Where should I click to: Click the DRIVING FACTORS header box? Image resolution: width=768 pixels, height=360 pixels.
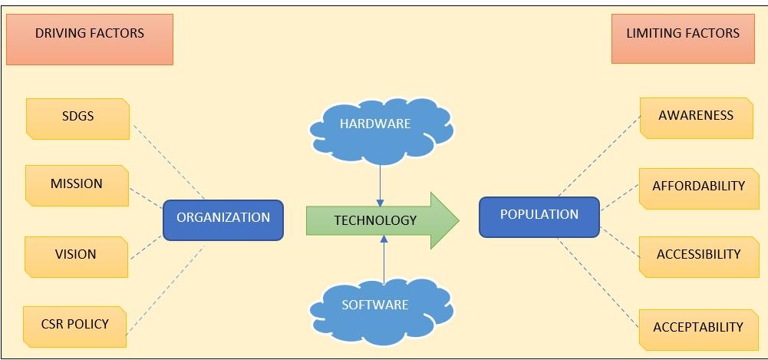point(90,38)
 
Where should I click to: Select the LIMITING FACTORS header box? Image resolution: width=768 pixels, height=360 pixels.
point(683,38)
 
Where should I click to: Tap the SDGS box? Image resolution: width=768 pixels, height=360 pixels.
point(77,118)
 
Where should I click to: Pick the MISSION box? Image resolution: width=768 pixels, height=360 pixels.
point(76,185)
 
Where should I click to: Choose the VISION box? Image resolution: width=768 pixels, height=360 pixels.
point(75,256)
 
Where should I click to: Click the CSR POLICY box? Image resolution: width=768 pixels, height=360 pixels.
point(74,325)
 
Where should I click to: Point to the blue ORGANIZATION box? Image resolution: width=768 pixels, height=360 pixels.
point(223,219)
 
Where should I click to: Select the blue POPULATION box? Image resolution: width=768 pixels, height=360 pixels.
point(539,216)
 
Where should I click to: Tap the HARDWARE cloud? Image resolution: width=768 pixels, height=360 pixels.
point(381,127)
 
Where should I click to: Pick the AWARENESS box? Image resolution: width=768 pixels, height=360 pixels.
point(696,117)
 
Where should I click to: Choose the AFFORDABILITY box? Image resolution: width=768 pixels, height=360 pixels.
point(698,187)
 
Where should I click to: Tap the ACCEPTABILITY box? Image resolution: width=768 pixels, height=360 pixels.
point(698,329)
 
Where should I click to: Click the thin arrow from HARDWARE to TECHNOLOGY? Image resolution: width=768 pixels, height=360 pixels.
point(380,183)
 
